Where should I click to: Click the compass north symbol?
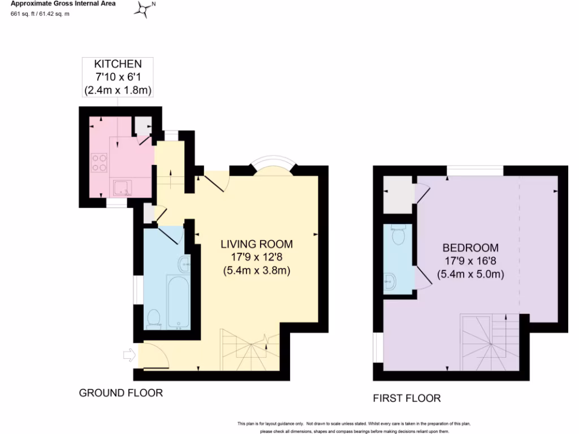145,8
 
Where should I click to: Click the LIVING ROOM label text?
256,244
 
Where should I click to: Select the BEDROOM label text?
470,248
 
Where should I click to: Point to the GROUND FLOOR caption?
120,393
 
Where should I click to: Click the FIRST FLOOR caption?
407,398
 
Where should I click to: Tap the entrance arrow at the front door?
129,355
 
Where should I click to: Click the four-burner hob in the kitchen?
99,163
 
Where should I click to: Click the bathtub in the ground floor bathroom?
178,301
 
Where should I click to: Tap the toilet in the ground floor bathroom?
153,319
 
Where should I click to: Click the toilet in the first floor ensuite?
398,236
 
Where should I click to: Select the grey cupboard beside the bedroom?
398,194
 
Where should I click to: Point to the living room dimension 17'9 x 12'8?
256,257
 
